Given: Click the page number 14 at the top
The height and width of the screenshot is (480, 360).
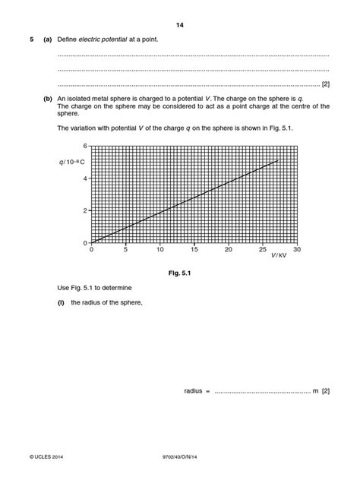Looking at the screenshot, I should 180,25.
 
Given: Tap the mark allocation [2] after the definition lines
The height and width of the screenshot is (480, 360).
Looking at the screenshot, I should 325,84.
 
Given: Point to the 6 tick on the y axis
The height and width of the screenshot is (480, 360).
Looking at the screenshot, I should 86,145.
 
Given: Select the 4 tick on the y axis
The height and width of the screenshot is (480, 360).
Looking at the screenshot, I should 86,178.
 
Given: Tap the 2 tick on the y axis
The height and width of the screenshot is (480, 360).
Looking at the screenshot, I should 86,210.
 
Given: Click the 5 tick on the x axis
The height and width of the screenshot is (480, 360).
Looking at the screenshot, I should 125,249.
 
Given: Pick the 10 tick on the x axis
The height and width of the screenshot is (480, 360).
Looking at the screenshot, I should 159,249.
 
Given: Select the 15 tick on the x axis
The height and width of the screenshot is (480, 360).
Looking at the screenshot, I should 194,249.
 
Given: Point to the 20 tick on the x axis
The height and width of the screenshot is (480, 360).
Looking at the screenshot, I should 229,249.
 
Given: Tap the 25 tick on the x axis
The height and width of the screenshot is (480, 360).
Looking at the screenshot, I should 263,249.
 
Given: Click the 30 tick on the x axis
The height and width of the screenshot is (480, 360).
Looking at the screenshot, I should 297,249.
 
